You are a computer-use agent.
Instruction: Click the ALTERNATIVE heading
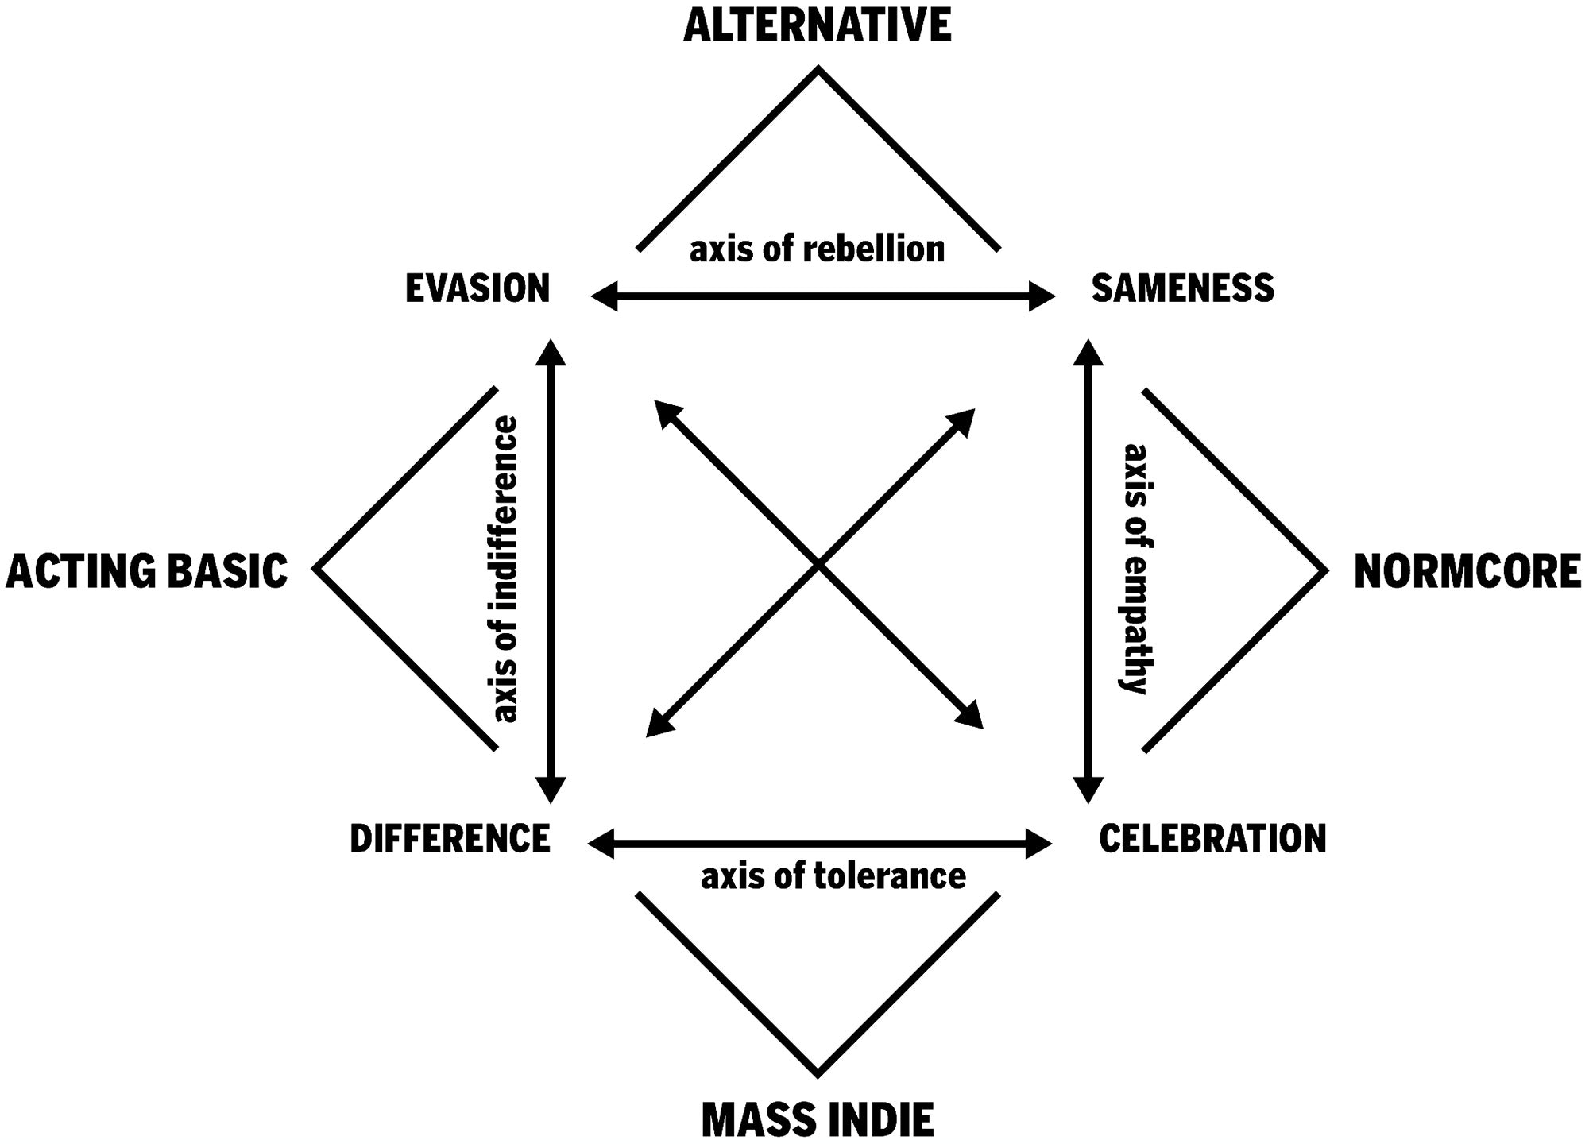pos(817,25)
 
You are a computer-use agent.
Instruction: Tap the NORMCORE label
pos(1467,572)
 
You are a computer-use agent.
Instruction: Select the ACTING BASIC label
pos(147,572)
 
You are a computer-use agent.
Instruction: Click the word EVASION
pos(477,288)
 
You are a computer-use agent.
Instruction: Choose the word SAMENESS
pos(1182,288)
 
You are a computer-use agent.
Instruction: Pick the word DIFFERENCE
pos(450,839)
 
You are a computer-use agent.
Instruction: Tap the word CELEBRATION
pos(1212,839)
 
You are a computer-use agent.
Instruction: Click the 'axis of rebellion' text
pos(817,249)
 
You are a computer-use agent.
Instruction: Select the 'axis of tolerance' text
pos(833,876)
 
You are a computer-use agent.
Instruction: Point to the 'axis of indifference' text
pos(505,569)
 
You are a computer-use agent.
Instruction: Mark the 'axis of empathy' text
pos(1137,569)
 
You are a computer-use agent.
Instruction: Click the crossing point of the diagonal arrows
pos(818,566)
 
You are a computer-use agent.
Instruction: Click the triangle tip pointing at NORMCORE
pos(1324,570)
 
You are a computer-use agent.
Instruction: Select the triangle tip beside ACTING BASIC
pos(317,569)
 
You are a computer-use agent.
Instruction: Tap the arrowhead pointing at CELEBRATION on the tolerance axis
pos(1040,843)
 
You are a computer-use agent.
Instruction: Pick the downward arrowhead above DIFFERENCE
pos(551,790)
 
